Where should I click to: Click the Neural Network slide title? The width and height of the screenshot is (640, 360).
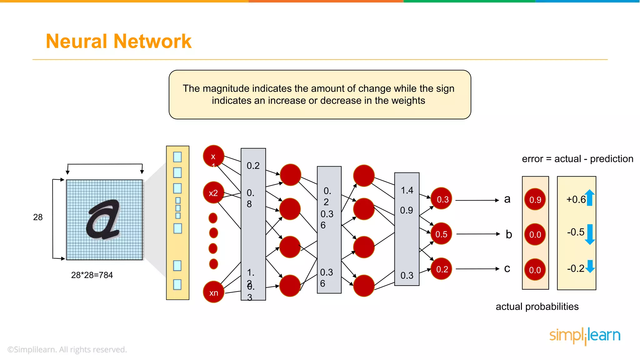click(118, 41)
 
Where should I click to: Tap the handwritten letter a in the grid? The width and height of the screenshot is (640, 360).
click(103, 220)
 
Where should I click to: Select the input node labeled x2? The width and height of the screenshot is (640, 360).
click(213, 193)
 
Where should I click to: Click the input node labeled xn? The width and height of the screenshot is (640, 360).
click(214, 292)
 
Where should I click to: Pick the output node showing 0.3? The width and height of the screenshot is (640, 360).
click(442, 199)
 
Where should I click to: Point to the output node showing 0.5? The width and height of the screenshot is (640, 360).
click(441, 234)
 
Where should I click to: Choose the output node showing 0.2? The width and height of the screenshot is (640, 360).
click(442, 269)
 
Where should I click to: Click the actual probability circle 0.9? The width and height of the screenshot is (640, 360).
click(535, 199)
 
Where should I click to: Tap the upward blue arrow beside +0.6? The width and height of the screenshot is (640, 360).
click(590, 198)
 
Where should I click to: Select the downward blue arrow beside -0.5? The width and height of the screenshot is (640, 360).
click(590, 234)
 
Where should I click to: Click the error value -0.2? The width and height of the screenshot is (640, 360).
click(576, 268)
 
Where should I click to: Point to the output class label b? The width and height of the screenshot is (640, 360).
click(509, 234)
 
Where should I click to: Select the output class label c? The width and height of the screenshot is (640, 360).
click(507, 269)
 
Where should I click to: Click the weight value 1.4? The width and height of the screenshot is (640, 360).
click(407, 190)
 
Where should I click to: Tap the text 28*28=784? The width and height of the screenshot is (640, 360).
click(92, 275)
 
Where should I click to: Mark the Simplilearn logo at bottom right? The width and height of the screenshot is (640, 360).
click(585, 336)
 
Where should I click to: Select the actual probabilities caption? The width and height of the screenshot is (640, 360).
click(537, 307)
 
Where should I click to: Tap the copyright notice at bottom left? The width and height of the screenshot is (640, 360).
click(67, 349)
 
